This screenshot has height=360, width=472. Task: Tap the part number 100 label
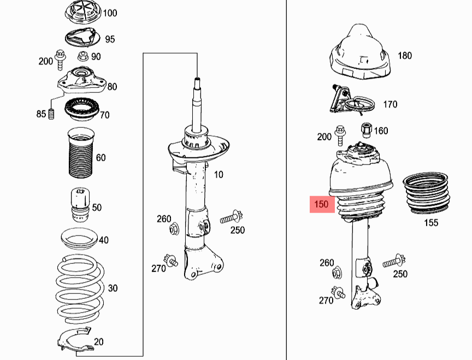110,13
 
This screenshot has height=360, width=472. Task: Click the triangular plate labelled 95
80,39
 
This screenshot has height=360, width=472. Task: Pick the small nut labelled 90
82,55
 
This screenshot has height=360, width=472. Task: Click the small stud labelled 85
53,115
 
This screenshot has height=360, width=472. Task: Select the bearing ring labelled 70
80,111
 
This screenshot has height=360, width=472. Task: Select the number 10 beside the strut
219,175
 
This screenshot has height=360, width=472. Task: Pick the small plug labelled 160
366,130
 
